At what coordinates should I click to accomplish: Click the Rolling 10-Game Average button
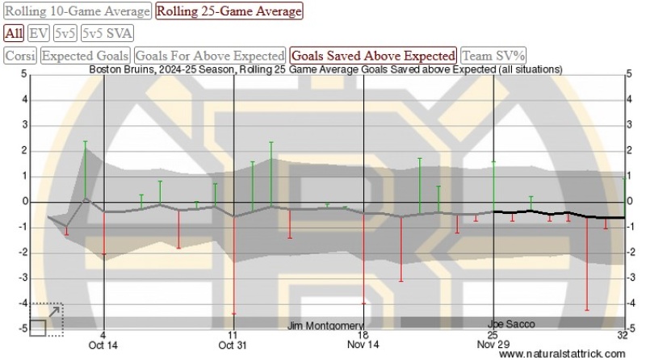click(x=78, y=11)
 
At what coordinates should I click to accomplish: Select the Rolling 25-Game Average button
click(x=229, y=11)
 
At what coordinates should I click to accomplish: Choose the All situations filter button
click(x=14, y=33)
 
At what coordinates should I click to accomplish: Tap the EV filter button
click(x=38, y=33)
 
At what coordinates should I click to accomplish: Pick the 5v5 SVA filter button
click(x=107, y=33)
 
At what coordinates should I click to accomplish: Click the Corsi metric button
click(x=20, y=56)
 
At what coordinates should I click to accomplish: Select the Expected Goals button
click(x=86, y=56)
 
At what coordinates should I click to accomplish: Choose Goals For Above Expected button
click(x=210, y=56)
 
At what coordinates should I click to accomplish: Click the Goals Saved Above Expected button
click(x=373, y=56)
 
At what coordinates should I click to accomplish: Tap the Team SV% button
click(x=493, y=56)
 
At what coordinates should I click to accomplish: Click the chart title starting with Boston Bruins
click(x=325, y=69)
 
